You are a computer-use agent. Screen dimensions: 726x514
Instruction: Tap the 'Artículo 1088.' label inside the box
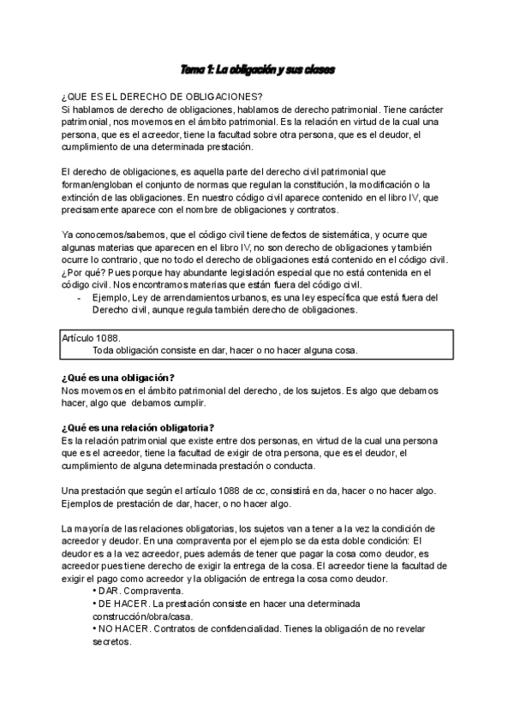pyautogui.click(x=93, y=338)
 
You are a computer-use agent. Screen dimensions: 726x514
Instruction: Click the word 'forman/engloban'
pyautogui.click(x=99, y=185)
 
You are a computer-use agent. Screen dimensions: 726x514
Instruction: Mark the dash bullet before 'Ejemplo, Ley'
pyautogui.click(x=79, y=297)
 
